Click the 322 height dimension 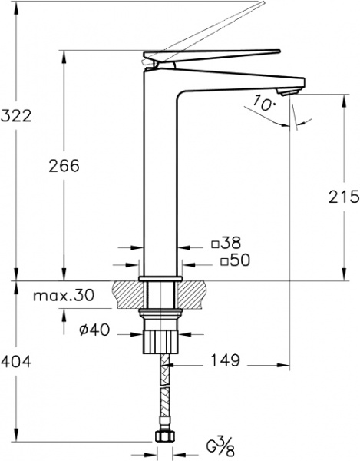tap(16, 117)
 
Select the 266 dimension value tap(64, 165)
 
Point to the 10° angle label tap(261, 104)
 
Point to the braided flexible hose tap(162, 392)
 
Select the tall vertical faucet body tap(161, 177)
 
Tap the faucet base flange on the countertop tap(161, 276)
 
